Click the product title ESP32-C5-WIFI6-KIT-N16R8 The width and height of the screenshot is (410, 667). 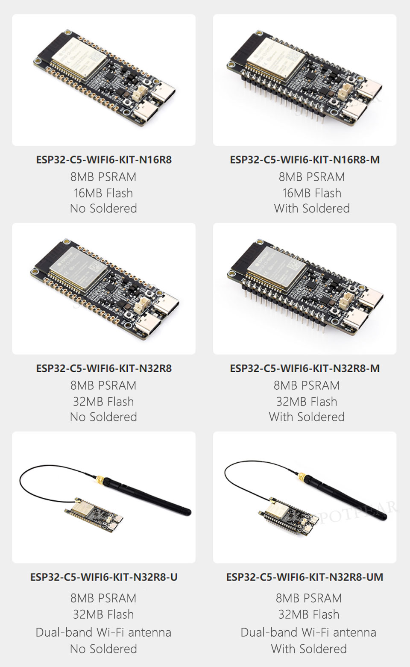click(x=104, y=160)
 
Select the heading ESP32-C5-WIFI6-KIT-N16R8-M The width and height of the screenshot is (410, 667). click(x=305, y=160)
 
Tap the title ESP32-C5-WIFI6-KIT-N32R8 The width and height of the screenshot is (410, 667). click(x=104, y=368)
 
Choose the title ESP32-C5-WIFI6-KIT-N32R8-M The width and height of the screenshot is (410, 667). click(x=305, y=368)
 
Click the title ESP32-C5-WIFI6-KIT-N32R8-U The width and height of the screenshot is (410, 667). click(x=104, y=577)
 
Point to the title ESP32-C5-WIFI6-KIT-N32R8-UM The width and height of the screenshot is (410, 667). click(x=305, y=577)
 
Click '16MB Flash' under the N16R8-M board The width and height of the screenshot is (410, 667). click(x=311, y=193)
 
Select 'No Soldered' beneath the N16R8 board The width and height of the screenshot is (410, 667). click(x=103, y=209)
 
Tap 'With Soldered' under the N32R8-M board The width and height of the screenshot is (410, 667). click(x=307, y=417)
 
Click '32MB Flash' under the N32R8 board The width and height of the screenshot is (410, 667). click(x=103, y=402)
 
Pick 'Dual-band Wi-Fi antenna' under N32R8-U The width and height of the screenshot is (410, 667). click(x=103, y=632)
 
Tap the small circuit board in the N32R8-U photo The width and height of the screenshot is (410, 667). click(x=94, y=514)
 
